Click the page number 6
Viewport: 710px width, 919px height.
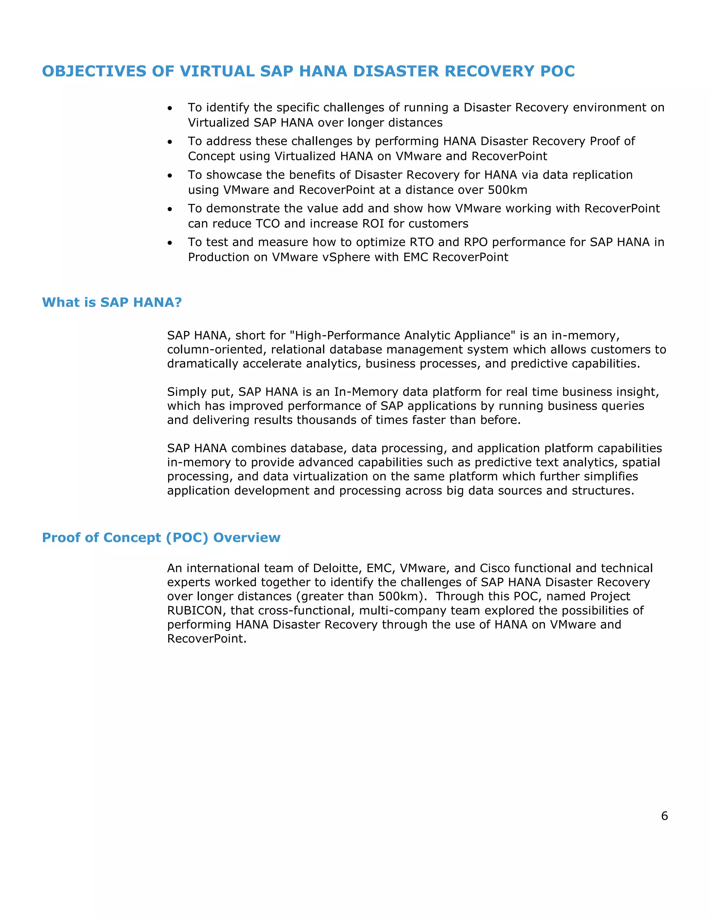pos(664,816)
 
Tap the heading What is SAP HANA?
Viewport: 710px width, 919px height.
pos(112,302)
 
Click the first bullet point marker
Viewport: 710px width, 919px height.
pos(170,109)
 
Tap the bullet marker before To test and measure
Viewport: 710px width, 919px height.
pos(170,243)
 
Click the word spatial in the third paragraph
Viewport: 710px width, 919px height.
pos(641,462)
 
